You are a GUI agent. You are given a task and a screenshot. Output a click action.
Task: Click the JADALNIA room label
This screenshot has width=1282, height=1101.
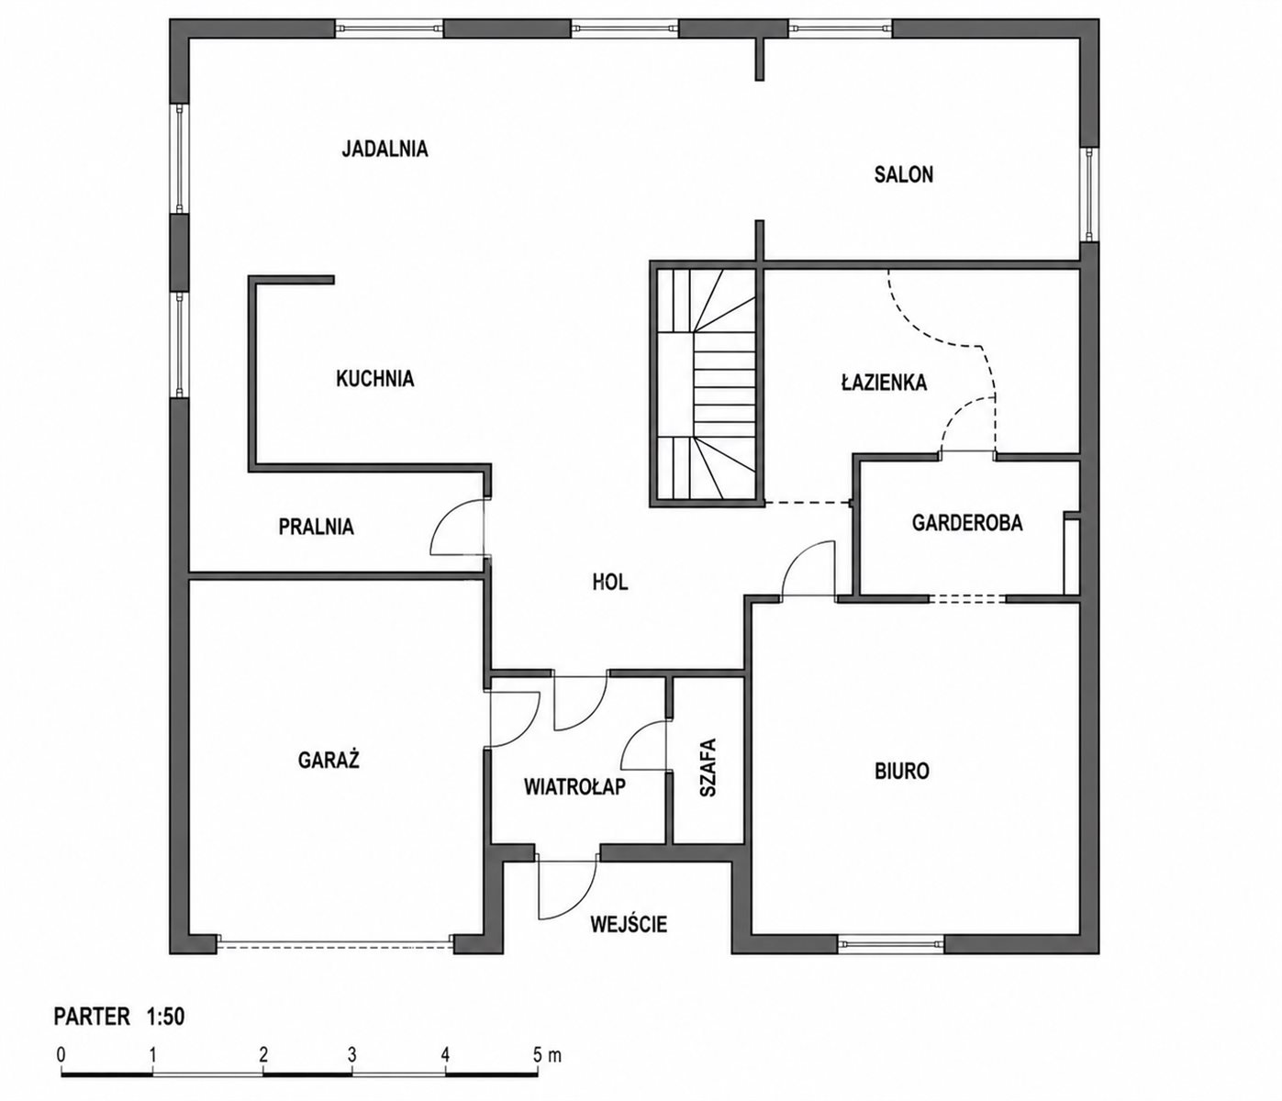pyautogui.click(x=385, y=149)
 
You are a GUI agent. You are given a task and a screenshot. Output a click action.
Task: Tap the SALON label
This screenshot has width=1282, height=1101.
pyautogui.click(x=904, y=174)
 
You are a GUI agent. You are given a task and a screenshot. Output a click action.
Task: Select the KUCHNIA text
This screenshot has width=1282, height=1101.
pyautogui.click(x=374, y=378)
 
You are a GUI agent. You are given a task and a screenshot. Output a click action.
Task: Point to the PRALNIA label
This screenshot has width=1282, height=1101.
pyautogui.click(x=316, y=527)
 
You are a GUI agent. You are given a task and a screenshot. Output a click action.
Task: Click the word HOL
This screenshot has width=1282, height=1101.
pyautogui.click(x=610, y=582)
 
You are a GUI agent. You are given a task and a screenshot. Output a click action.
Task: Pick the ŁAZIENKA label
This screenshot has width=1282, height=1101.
pyautogui.click(x=884, y=382)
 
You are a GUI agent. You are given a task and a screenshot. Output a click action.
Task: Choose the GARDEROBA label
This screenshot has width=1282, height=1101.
pyautogui.click(x=967, y=523)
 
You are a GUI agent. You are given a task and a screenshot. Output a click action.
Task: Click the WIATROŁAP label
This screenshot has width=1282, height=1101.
pyautogui.click(x=574, y=786)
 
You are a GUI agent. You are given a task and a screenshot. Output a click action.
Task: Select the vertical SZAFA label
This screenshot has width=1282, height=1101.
pyautogui.click(x=708, y=767)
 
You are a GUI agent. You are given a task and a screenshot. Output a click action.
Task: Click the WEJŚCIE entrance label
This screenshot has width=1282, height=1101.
pyautogui.click(x=629, y=924)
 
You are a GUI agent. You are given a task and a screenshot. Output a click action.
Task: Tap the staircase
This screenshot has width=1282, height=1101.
pyautogui.click(x=707, y=384)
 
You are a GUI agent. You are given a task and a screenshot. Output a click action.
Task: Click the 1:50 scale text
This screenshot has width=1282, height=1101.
pyautogui.click(x=166, y=1017)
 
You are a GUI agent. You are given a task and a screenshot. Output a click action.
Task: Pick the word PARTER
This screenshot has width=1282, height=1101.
pyautogui.click(x=93, y=1017)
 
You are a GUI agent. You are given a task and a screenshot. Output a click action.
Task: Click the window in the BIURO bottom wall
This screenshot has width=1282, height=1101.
pyautogui.click(x=891, y=944)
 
